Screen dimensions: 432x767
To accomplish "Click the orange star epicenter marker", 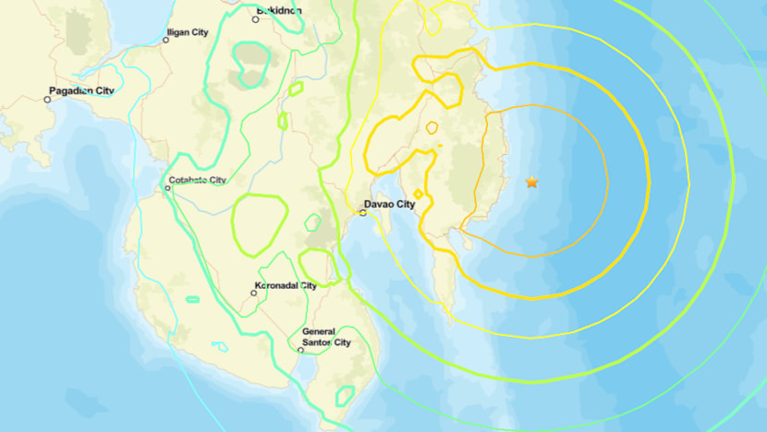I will tap(531, 182).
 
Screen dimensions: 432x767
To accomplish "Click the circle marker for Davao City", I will tap(363, 213).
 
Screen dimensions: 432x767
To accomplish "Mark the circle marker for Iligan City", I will tap(166, 41).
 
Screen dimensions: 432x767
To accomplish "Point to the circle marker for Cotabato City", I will tap(167, 188).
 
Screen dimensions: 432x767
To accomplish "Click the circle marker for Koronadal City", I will tap(254, 293).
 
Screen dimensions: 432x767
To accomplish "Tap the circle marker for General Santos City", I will tap(301, 350).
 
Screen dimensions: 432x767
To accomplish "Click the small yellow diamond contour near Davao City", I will tap(418, 194).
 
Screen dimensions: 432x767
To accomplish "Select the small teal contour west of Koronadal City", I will tap(192, 299).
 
